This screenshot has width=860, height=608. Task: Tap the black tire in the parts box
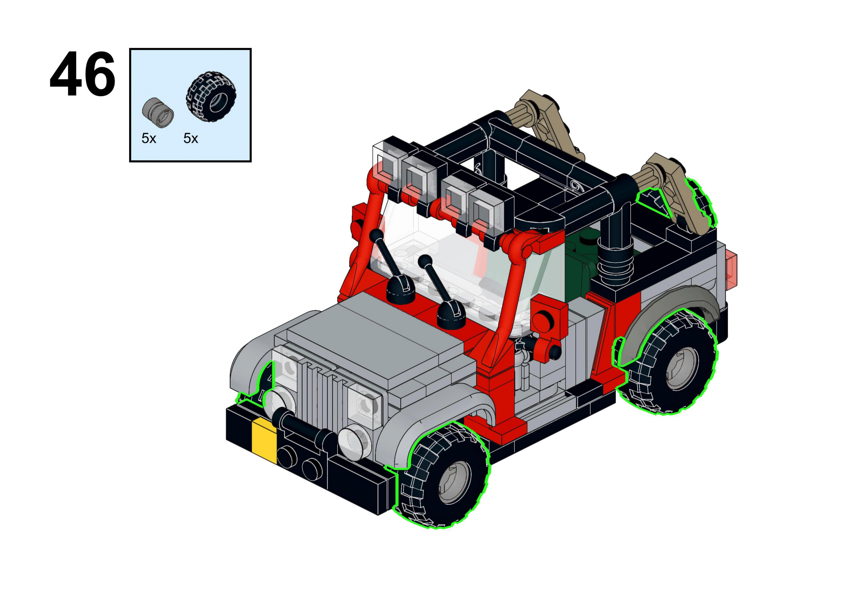click(211, 97)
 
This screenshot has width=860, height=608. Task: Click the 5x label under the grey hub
click(149, 138)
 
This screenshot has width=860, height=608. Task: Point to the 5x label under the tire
click(191, 138)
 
